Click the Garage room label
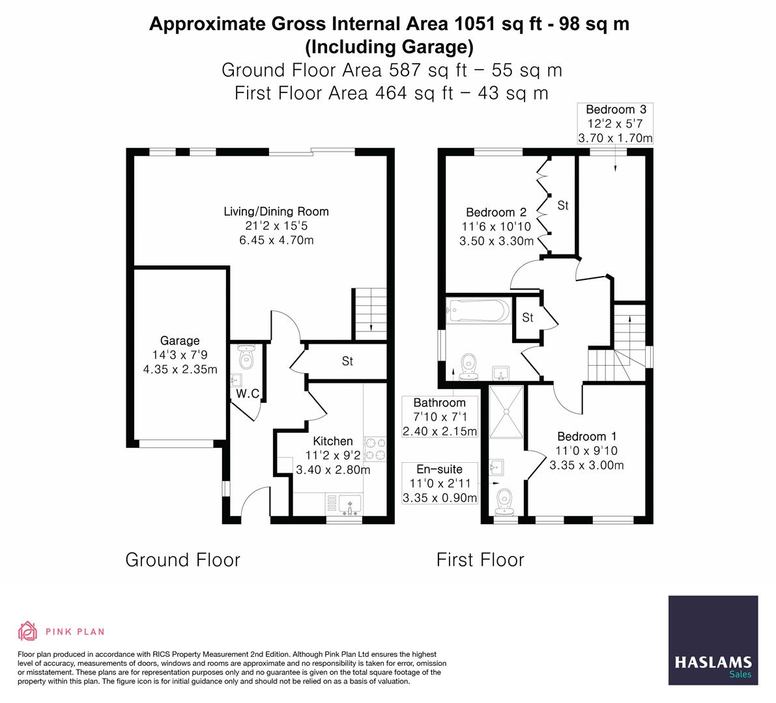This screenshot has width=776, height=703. pyautogui.click(x=180, y=340)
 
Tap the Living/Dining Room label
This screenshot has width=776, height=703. pyautogui.click(x=276, y=212)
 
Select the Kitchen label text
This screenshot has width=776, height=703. pyautogui.click(x=332, y=441)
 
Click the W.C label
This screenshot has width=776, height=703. pyautogui.click(x=248, y=394)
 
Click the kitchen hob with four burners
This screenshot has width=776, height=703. pyautogui.click(x=375, y=448)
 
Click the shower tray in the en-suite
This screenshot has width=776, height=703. pyautogui.click(x=506, y=412)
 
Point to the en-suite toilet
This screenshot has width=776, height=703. pyautogui.click(x=506, y=501)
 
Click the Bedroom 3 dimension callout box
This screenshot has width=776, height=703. pyautogui.click(x=615, y=124)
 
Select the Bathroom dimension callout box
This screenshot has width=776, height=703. pyautogui.click(x=440, y=417)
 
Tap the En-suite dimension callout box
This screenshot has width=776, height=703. pyautogui.click(x=440, y=484)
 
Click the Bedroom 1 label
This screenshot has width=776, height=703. pyautogui.click(x=586, y=437)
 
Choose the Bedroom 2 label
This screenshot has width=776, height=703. pyautogui.click(x=496, y=212)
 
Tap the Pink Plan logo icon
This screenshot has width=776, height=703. pyautogui.click(x=27, y=631)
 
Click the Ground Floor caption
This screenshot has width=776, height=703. pyautogui.click(x=182, y=560)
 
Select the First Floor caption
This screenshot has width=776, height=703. pyautogui.click(x=480, y=560)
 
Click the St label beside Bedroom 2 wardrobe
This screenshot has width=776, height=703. pyautogui.click(x=563, y=206)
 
